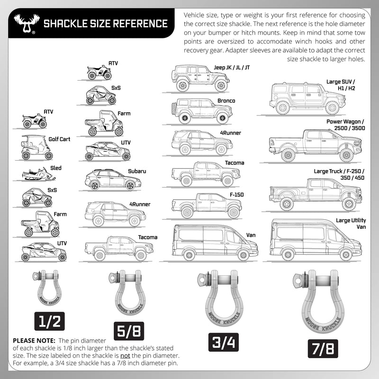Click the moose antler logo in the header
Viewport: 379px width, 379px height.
[x=24, y=24]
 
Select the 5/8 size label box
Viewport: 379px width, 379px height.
[x=128, y=331]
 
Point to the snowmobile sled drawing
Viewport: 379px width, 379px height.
[x=38, y=174]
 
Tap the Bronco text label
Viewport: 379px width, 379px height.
[x=227, y=101]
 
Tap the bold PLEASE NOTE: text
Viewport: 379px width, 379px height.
[x=33, y=340]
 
